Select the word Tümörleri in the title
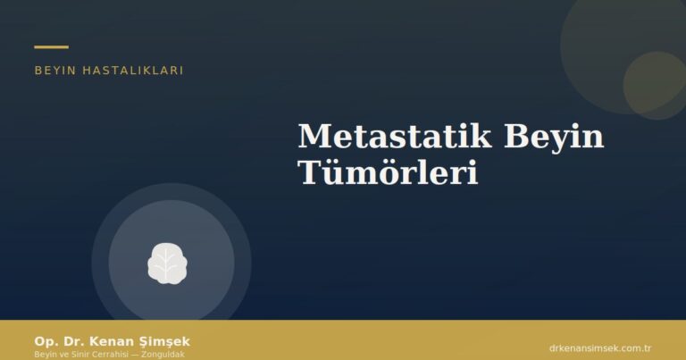(x=388, y=172)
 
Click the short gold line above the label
(x=51, y=46)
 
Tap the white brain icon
(x=167, y=262)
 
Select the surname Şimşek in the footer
(x=160, y=341)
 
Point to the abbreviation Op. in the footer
(x=45, y=341)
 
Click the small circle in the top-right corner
(x=655, y=85)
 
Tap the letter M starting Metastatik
(x=313, y=137)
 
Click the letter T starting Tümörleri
(x=307, y=172)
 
